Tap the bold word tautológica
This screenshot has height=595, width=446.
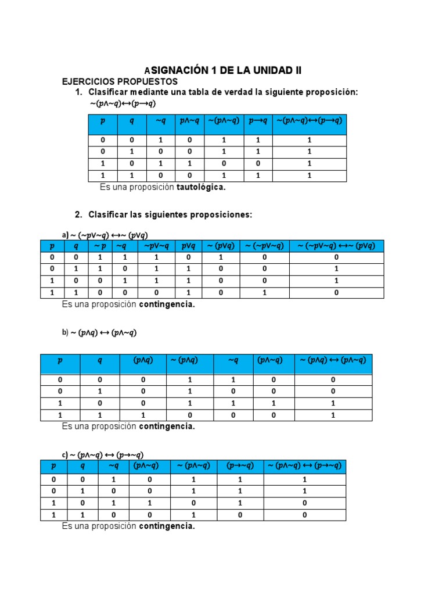click(x=201, y=187)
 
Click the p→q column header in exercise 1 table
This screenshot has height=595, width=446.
click(x=258, y=121)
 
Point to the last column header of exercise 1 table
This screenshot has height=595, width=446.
click(x=310, y=121)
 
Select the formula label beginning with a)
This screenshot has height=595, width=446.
click(x=105, y=235)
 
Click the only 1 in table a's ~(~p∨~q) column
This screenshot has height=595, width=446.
click(x=264, y=293)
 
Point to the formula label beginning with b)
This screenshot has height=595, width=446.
click(x=99, y=333)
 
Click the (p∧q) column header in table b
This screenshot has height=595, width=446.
click(x=143, y=360)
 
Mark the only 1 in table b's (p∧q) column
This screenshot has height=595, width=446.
click(x=143, y=415)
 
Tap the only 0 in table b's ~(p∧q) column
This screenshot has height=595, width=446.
click(x=189, y=415)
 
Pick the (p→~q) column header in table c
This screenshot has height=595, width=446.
click(x=239, y=466)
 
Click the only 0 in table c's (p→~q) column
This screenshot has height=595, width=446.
click(x=239, y=515)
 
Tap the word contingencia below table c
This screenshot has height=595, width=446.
click(x=166, y=526)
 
